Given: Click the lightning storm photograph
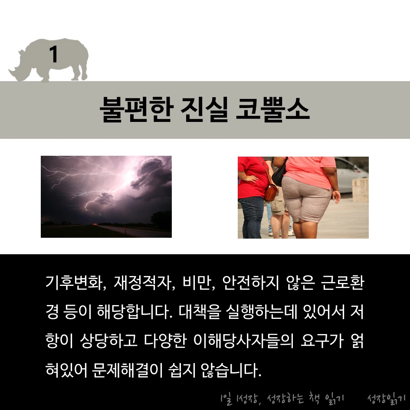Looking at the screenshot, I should click(x=106, y=197).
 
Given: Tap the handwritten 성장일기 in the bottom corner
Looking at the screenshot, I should click(x=386, y=398).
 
